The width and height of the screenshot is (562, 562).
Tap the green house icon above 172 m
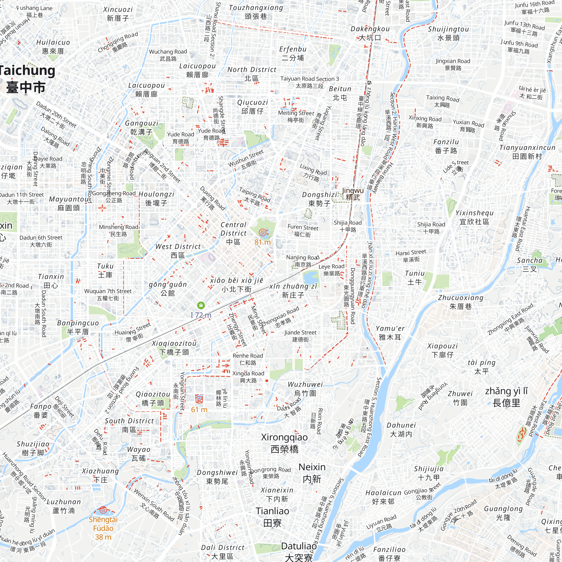(x=201, y=305)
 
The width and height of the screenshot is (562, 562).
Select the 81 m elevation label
(x=262, y=242)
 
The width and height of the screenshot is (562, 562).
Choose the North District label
(x=251, y=74)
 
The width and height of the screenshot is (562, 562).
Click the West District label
(x=178, y=250)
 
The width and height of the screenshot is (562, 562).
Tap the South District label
(x=129, y=425)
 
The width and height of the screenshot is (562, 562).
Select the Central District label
(x=233, y=233)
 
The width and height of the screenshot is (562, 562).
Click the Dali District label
(x=223, y=552)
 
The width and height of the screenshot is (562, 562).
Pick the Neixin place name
(x=312, y=473)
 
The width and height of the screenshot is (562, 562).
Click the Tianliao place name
(x=272, y=517)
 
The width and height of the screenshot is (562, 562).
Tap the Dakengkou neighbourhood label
(x=370, y=33)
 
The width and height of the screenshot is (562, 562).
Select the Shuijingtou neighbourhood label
(x=448, y=33)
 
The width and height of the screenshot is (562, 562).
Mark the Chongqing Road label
(x=118, y=42)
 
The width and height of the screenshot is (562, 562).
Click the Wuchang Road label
(x=168, y=55)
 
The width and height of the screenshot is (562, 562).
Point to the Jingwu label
(x=353, y=194)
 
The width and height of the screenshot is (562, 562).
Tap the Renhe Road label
(x=248, y=359)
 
